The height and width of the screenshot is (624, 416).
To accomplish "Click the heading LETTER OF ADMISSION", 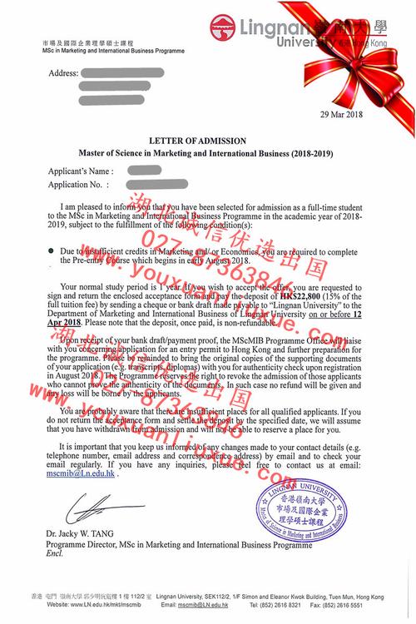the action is [x=208, y=141].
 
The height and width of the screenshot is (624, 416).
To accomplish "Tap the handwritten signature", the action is [x=78, y=507].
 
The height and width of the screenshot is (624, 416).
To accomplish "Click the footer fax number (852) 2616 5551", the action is [x=383, y=606].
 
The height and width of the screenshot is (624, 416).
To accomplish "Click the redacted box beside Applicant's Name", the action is [x=145, y=171].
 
